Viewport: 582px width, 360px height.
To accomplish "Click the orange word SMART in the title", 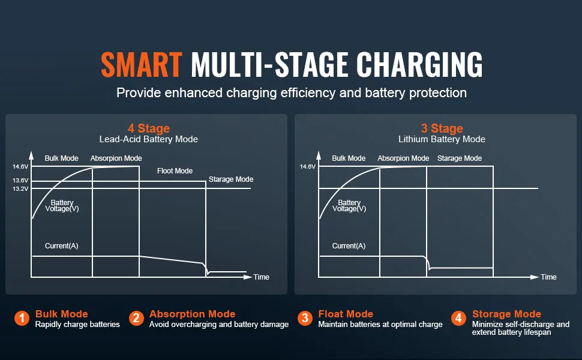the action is pos(142,65).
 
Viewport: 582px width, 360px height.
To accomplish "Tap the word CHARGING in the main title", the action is pos(419,65).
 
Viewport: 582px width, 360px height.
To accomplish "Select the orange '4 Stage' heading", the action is pos(148,128).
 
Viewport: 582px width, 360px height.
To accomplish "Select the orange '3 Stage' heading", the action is pos(442,128).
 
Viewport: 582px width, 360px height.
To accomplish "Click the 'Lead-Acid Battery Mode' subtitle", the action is pos(148,139).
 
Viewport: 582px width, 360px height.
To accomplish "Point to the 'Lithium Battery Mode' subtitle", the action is pos(442,139).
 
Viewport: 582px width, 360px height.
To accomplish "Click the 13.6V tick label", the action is pos(20,181).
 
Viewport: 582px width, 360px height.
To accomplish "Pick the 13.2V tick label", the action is pos(20,189).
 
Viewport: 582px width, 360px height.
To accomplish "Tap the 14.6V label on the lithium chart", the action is pos(308,167).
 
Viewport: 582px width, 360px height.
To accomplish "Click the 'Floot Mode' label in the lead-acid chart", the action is pos(175,171).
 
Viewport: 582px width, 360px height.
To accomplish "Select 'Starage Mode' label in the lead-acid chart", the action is pos(231,179).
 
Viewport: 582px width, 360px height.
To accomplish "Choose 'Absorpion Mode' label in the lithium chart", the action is pos(403,158).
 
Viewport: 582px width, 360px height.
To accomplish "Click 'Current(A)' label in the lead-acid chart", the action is pos(62,245).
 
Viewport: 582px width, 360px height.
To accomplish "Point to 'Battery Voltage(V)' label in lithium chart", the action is pos(349,206).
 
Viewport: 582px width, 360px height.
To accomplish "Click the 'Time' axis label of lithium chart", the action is pos(548,277).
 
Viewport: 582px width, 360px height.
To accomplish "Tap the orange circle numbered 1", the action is pos(22,318).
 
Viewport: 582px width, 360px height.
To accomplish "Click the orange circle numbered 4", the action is pos(458,318).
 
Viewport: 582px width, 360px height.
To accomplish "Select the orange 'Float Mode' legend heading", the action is pos(346,314).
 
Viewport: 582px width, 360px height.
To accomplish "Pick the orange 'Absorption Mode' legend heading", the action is pos(192,314).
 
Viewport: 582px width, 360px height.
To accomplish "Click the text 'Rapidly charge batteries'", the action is pos(77,325).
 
